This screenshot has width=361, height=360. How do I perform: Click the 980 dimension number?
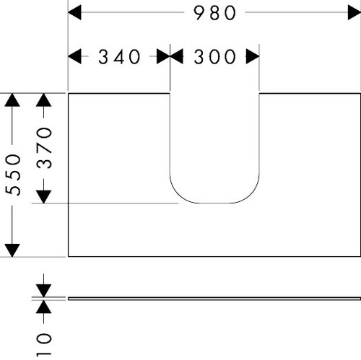click(x=214, y=13)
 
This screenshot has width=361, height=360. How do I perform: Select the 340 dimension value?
click(x=119, y=57)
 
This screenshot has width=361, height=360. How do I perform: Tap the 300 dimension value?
click(x=214, y=57)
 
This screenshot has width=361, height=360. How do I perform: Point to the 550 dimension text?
click(x=13, y=175)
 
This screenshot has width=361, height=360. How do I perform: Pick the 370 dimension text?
click(x=44, y=148)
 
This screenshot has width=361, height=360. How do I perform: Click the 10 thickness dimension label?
click(x=44, y=344)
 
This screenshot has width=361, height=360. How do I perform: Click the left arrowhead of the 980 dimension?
click(x=74, y=12)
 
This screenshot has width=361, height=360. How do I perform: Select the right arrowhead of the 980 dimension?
click(x=355, y=12)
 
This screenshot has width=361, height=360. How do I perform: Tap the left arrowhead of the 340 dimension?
click(x=74, y=56)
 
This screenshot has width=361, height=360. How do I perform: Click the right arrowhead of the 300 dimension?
click(x=253, y=56)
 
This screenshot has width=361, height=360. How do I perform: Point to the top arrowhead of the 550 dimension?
click(x=12, y=100)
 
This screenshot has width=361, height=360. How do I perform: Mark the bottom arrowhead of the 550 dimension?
click(x=12, y=250)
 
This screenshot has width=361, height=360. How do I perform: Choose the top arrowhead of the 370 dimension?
click(x=43, y=100)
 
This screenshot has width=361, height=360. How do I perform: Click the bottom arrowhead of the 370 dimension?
click(x=43, y=197)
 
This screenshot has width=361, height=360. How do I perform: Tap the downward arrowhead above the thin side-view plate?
click(x=43, y=291)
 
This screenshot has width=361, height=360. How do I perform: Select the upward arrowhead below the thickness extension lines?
click(x=43, y=307)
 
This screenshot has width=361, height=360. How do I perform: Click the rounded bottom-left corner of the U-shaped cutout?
click(x=178, y=194)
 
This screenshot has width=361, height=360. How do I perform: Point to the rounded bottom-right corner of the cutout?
click(x=251, y=194)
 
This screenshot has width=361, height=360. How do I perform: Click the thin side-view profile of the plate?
click(x=214, y=299)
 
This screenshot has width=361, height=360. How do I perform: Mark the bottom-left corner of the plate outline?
click(x=69, y=256)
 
